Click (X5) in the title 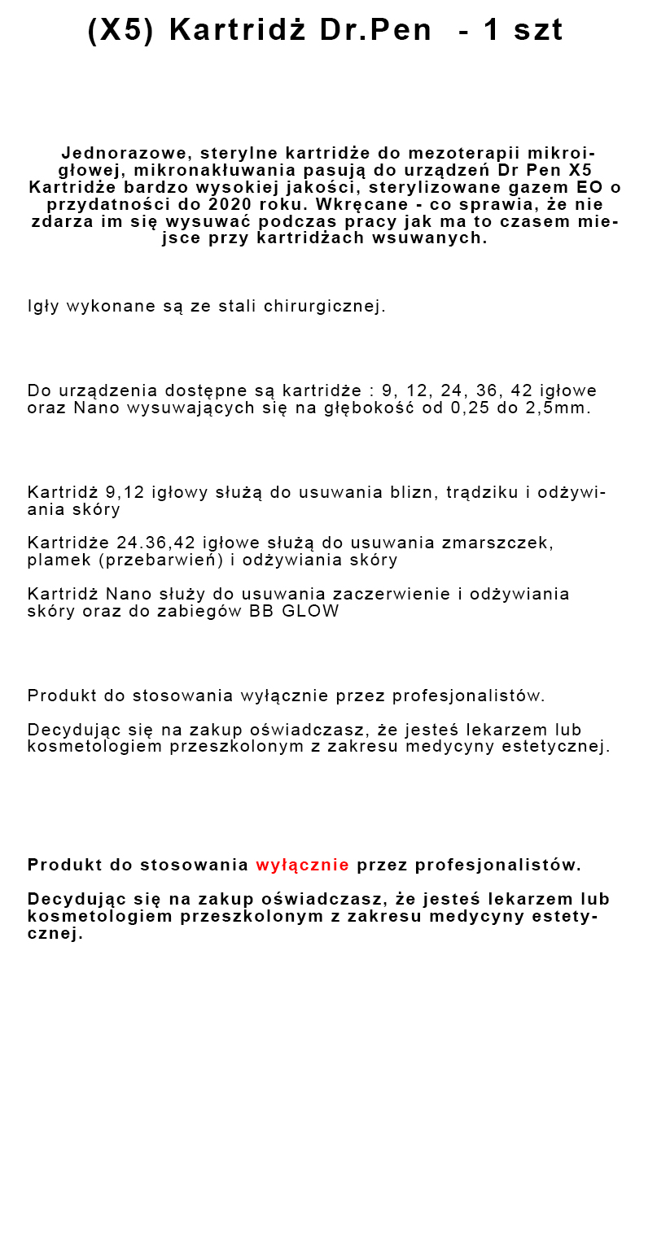[120, 30]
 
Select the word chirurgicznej [325, 307]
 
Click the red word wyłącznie [302, 865]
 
